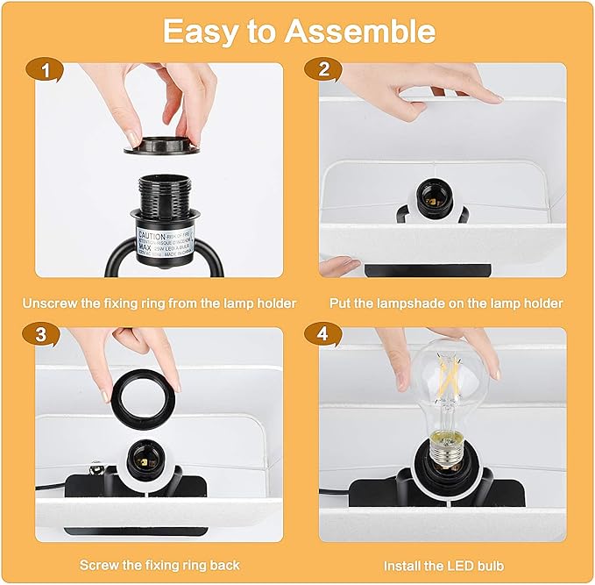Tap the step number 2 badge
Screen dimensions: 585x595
click(x=324, y=70)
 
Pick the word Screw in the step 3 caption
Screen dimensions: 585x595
click(x=96, y=565)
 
